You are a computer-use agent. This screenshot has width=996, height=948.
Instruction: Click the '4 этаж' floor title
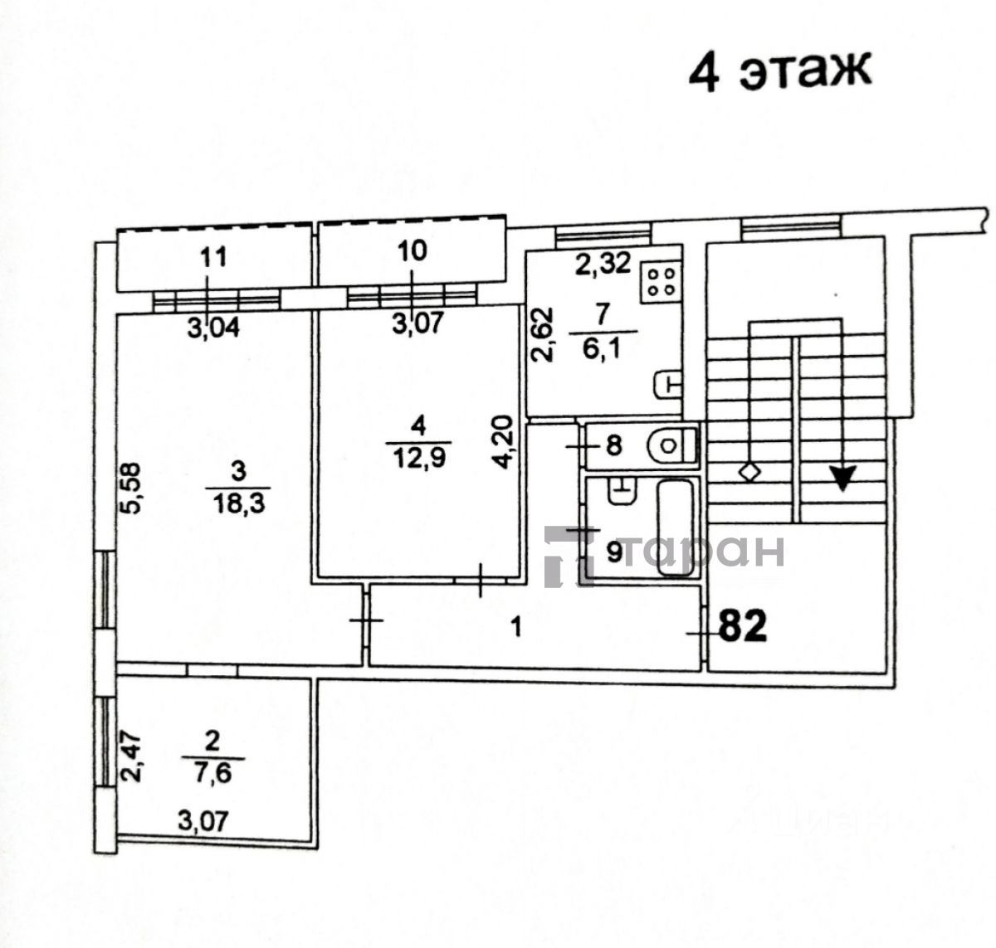(779, 74)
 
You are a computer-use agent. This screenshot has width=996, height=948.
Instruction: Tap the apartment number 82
(743, 627)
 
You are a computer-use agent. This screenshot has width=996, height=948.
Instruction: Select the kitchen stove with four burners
(661, 282)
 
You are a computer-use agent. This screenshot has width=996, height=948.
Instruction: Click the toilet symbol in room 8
(672, 445)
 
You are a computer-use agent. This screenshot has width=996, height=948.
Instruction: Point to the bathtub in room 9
(675, 527)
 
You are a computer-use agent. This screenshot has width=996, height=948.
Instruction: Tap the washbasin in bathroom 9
(622, 491)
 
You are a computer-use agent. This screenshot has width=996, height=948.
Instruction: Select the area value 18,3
(238, 505)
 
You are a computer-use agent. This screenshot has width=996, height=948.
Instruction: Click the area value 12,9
(418, 459)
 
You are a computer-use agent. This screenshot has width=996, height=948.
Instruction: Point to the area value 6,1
(602, 349)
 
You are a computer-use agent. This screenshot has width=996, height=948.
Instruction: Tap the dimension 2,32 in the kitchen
(603, 263)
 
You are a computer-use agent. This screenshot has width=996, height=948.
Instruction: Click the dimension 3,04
(212, 328)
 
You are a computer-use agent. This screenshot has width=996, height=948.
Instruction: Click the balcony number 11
(213, 257)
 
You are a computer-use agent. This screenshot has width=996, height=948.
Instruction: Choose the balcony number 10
(413, 251)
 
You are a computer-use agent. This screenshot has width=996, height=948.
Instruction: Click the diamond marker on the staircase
(749, 473)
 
